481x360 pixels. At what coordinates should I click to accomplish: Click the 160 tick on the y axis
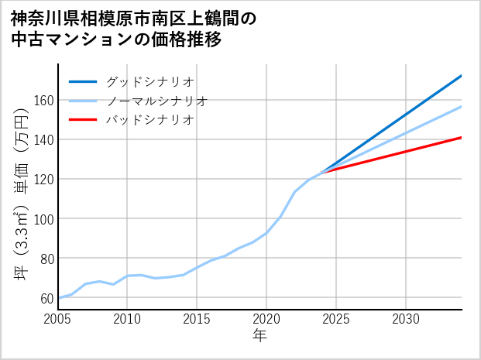[43, 101]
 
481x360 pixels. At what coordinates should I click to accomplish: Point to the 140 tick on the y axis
[43, 140]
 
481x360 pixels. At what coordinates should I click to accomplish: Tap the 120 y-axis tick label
[43, 180]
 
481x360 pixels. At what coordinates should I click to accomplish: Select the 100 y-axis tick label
[43, 219]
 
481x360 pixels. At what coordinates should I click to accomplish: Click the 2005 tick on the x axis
[58, 319]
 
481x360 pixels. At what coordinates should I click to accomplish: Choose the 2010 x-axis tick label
[128, 319]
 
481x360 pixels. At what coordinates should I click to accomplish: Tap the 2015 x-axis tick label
[198, 319]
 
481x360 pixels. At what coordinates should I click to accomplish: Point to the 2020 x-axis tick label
[266, 319]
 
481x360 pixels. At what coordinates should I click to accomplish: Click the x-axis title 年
[260, 336]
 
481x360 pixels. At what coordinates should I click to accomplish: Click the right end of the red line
[461, 138]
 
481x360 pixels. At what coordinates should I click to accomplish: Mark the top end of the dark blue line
[461, 76]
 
